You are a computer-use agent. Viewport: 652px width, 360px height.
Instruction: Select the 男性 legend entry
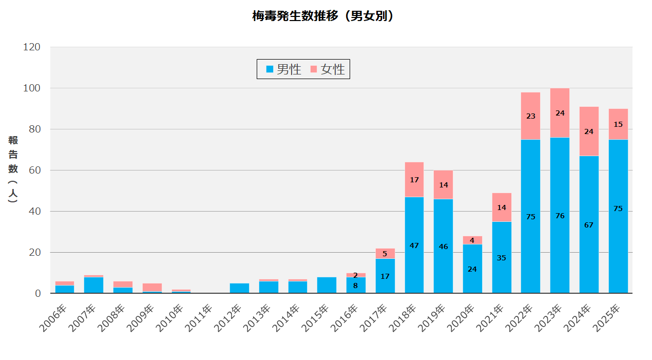tap(283, 69)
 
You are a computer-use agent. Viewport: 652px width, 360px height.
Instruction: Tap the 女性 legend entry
tap(328, 69)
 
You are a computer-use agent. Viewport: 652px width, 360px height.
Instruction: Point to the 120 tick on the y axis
tap(32, 47)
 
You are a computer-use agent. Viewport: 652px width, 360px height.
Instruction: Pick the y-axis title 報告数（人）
tap(13, 169)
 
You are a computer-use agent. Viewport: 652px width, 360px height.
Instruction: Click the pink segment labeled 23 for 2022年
tap(530, 116)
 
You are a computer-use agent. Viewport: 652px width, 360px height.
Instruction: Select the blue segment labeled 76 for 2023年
tap(560, 216)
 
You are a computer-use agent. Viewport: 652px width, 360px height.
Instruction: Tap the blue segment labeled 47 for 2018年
tap(414, 245)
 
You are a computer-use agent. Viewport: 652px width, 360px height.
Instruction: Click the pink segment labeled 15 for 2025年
tap(618, 124)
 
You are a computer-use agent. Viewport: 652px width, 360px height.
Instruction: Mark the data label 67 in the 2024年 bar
tap(589, 225)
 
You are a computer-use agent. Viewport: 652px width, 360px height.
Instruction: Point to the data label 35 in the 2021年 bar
tap(502, 258)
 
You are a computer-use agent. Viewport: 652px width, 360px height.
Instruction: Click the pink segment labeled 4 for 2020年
tap(472, 240)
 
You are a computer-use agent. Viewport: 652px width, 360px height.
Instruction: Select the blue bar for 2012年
tap(239, 288)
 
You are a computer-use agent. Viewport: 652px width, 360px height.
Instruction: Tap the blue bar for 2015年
tap(327, 285)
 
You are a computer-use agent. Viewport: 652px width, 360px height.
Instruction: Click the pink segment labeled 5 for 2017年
tap(385, 254)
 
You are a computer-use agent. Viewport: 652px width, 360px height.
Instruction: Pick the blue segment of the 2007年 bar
tap(93, 285)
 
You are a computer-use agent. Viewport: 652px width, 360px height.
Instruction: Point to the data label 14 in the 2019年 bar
tap(443, 185)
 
